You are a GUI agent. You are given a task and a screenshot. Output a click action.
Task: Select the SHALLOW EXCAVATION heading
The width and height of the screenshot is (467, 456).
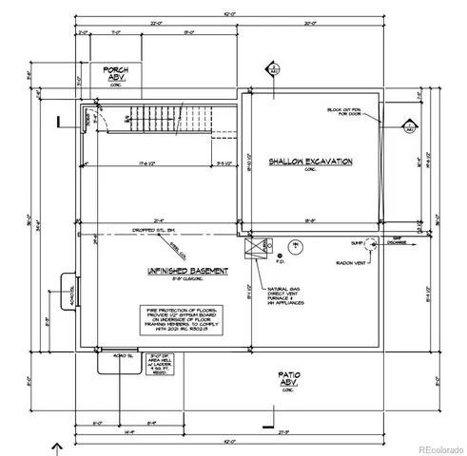[x=310, y=162]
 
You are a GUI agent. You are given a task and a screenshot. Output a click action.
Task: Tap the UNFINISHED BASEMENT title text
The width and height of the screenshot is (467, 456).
[x=187, y=272]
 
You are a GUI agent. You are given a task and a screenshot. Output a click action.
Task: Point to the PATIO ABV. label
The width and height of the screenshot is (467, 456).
[x=289, y=380]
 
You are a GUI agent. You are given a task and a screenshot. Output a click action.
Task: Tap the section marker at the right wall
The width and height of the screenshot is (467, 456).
[x=409, y=126]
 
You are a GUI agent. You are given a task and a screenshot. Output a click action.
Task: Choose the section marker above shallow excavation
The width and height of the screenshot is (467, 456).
[x=272, y=69]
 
